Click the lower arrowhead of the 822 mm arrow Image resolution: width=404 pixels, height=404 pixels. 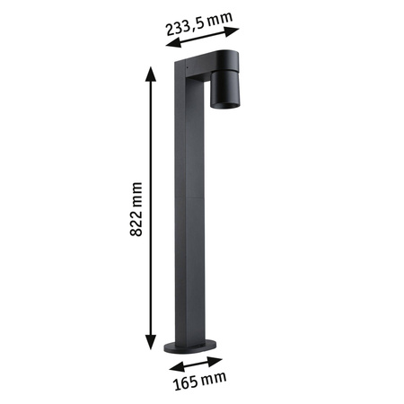click(x=149, y=347)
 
